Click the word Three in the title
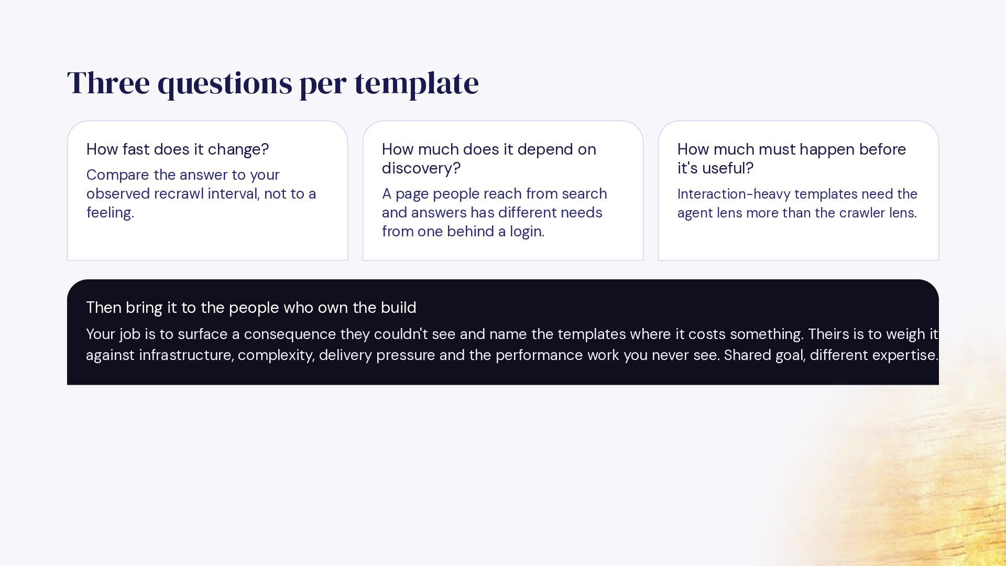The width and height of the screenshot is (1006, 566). [x=108, y=82]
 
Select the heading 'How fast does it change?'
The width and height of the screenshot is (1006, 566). [x=178, y=149]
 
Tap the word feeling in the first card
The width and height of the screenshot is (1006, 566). [x=108, y=212]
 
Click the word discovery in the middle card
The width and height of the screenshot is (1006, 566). [x=419, y=168]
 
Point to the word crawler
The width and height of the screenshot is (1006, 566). [x=862, y=213]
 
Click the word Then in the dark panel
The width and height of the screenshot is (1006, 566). [x=103, y=308]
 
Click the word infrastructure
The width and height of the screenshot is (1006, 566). [x=185, y=355]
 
